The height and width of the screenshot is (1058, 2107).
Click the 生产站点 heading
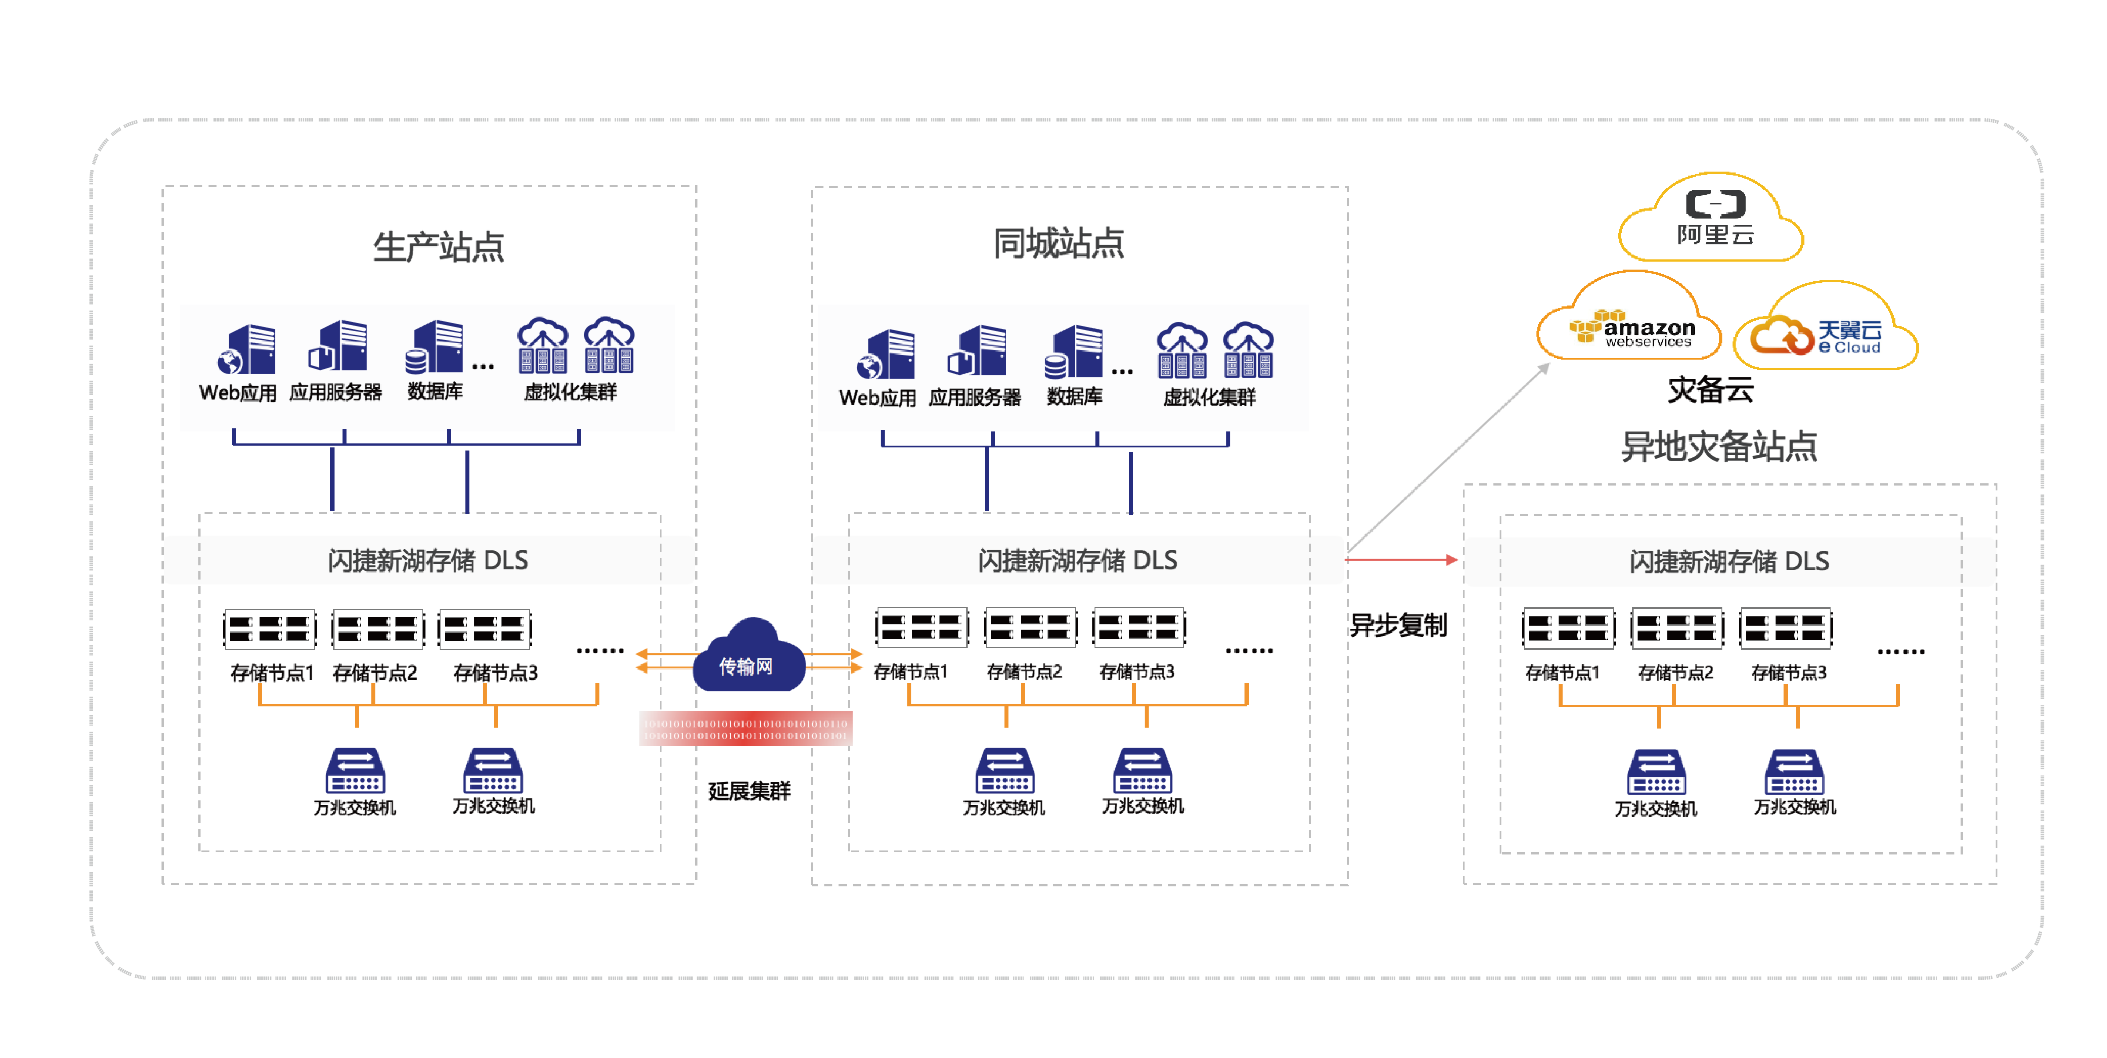tap(438, 246)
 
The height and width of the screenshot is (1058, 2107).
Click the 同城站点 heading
tap(1059, 243)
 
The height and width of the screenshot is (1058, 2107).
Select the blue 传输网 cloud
tap(747, 658)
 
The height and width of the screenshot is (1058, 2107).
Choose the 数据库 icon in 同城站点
tap(1074, 353)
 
